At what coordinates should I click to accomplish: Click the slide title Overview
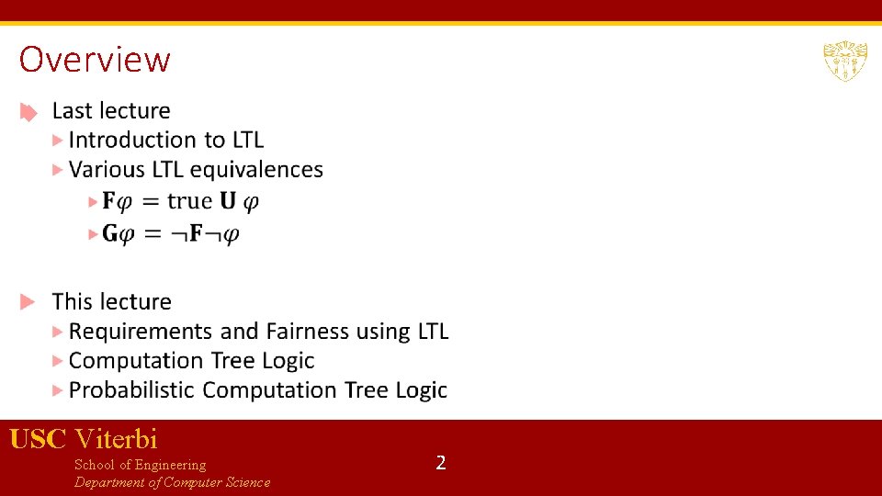click(95, 60)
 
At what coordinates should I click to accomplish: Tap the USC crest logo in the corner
click(844, 61)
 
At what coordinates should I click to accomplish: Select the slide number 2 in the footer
click(441, 462)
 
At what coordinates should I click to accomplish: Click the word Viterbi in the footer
click(117, 439)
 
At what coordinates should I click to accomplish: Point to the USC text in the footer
click(38, 439)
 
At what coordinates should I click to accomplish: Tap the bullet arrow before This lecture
click(29, 301)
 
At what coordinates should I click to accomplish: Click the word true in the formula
click(189, 200)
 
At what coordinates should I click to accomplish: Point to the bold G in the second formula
click(110, 233)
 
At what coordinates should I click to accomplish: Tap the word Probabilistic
click(131, 390)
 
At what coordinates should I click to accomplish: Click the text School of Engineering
click(140, 465)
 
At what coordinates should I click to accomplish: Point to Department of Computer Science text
click(172, 482)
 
